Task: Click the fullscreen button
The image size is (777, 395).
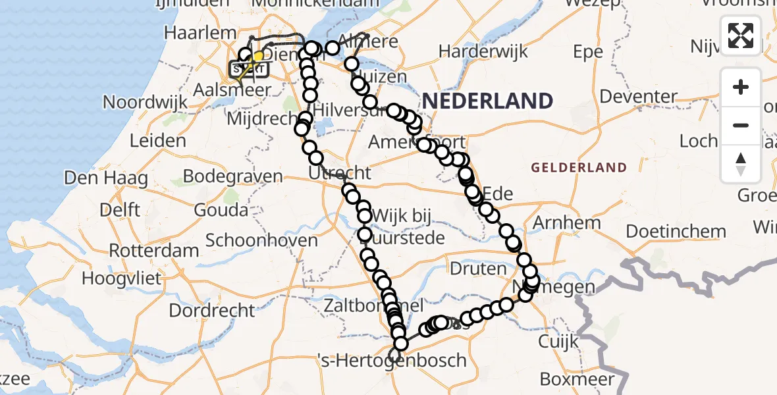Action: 741,35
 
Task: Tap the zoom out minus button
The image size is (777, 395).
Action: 741,125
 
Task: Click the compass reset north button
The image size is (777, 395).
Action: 741,163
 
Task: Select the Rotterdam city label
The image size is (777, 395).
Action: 153,251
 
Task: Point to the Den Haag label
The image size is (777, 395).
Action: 92,177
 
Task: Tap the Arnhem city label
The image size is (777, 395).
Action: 567,223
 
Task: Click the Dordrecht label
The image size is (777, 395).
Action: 211,309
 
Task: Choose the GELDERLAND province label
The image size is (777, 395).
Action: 579,167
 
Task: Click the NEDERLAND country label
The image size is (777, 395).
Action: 487,101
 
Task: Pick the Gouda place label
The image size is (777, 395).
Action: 221,210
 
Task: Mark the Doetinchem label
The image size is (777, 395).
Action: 676,232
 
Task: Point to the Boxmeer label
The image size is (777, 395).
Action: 577,379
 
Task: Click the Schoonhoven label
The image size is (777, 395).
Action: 261,240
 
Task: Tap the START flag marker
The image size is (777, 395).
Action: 248,68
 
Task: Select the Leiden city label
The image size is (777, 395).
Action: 157,140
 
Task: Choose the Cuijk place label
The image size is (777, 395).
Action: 558,341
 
